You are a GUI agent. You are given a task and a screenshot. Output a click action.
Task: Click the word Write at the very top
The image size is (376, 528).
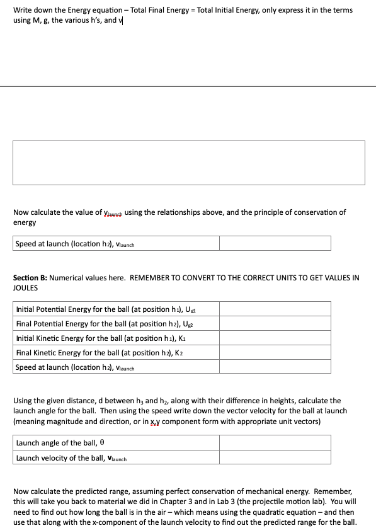click(23, 10)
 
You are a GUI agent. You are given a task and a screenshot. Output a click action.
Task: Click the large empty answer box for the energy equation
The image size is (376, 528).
click(188, 163)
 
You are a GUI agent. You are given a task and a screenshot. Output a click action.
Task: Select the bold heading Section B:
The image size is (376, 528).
click(30, 277)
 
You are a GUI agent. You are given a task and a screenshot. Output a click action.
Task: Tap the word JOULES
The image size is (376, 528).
click(25, 287)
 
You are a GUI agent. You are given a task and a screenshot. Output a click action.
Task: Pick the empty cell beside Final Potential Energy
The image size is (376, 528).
click(275, 323)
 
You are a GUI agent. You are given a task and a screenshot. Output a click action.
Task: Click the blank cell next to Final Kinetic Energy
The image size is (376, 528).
click(275, 353)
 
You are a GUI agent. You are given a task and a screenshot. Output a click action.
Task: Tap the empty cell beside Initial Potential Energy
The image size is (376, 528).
click(275, 309)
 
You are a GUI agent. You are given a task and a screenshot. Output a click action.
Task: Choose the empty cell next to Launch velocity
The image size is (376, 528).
click(275, 458)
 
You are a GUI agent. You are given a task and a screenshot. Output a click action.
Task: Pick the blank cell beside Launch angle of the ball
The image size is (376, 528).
click(275, 443)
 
